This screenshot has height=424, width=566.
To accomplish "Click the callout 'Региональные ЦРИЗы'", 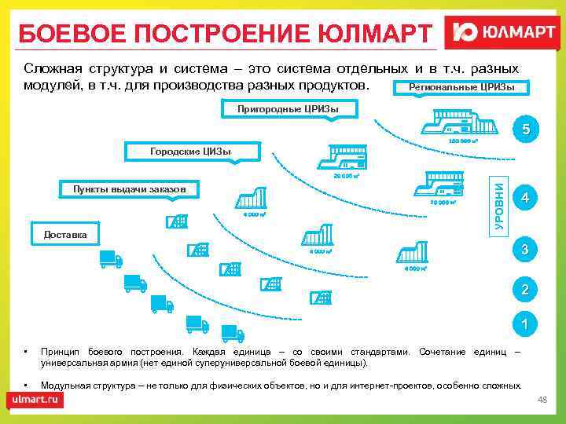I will coord(457,87).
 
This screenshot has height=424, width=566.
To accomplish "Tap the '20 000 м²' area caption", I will coord(346,176).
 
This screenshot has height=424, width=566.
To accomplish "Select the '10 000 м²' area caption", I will coord(444,203).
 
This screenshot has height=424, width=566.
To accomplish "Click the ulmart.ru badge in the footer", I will coord(36,399).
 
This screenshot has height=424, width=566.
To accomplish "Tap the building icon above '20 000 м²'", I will coord(346,157).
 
